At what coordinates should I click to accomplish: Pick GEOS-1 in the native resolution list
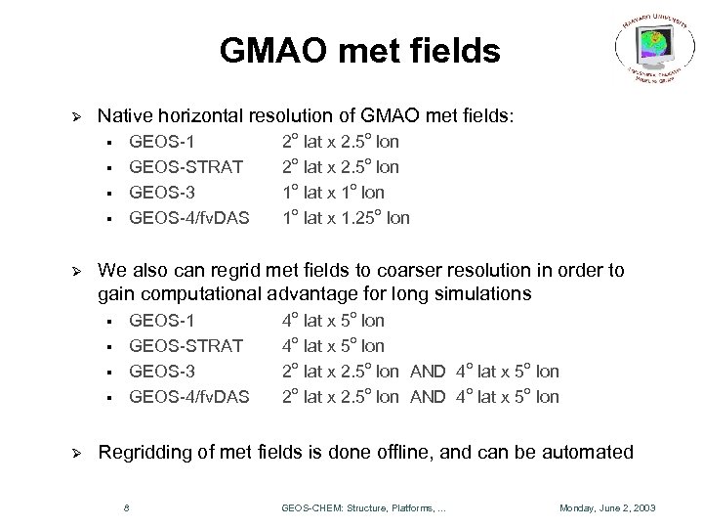pos(161,142)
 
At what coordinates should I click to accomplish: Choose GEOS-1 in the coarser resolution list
pos(161,321)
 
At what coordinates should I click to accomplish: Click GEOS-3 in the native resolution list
pos(161,193)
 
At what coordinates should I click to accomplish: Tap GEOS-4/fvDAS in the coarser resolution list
pos(189,397)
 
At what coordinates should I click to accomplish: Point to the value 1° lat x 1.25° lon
pos(346,218)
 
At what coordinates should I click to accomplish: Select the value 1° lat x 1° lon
pos(333,193)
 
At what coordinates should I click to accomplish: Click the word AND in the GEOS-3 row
pos(427,372)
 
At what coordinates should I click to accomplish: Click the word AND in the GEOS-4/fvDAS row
pos(427,397)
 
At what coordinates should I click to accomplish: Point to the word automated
pos(593,453)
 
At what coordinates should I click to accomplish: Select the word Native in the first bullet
pos(121,116)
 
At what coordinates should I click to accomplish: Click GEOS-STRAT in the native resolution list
pos(186,167)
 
